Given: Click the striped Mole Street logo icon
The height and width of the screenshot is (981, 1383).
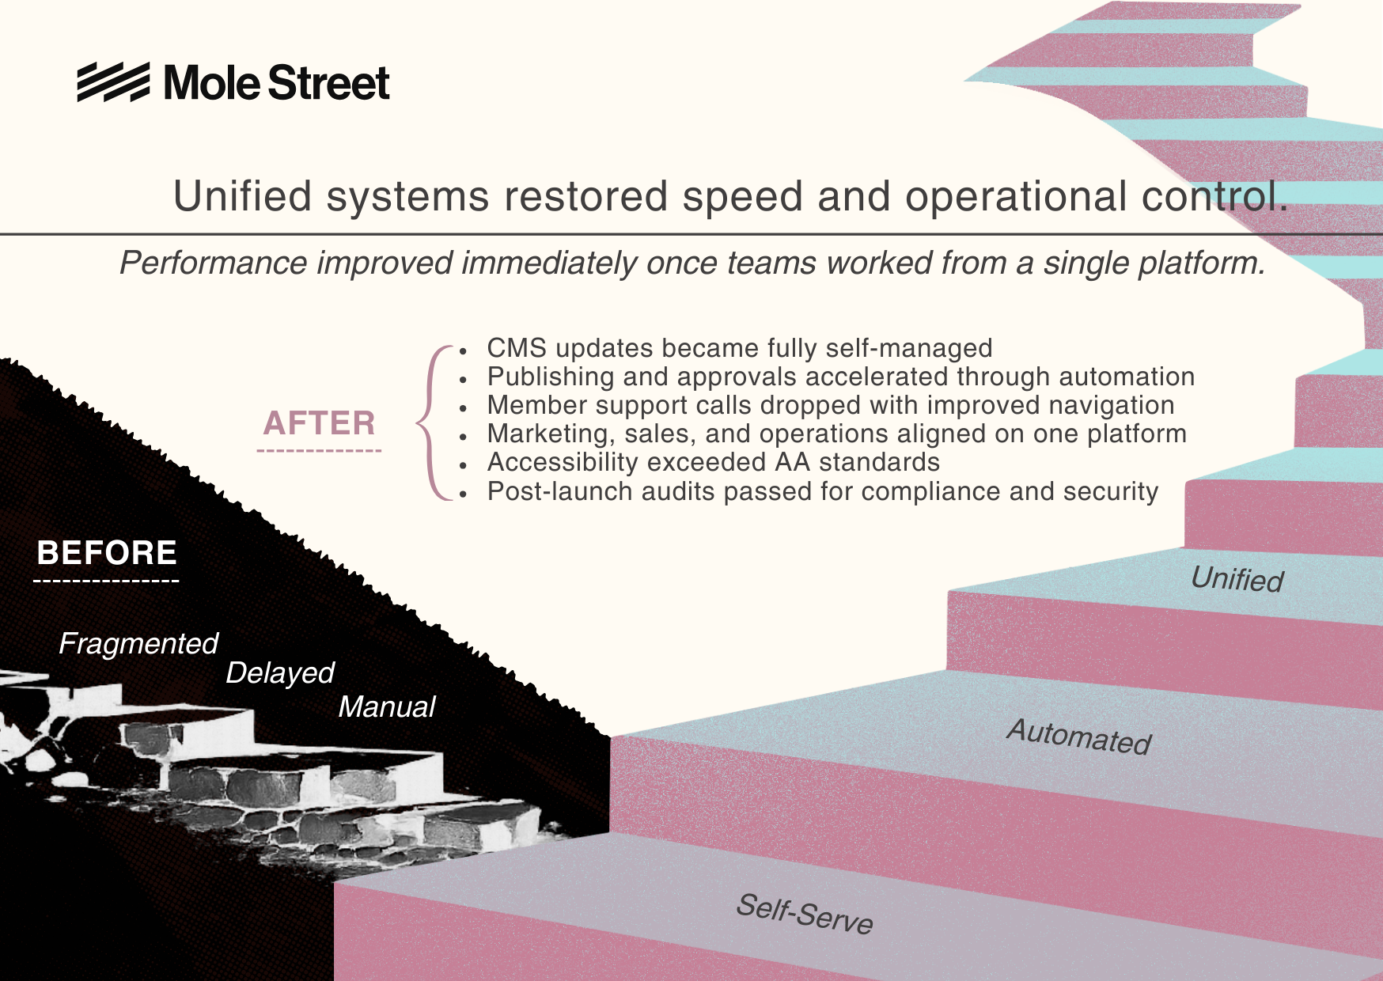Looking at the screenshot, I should (x=113, y=82).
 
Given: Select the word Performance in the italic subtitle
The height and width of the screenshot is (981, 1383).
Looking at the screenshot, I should (x=213, y=263).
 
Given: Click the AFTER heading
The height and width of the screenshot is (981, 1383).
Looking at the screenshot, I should (x=319, y=423).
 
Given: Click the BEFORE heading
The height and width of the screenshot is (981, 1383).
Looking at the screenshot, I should (x=107, y=553).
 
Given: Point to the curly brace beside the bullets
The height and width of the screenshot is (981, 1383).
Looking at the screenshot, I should (x=430, y=422).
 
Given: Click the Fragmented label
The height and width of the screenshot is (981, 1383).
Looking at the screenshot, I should (x=138, y=643).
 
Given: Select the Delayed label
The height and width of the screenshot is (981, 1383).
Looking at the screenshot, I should (x=280, y=672).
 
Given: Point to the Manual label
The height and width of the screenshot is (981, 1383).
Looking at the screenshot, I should (x=387, y=706).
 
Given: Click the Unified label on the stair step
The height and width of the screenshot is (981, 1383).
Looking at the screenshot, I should (x=1237, y=579).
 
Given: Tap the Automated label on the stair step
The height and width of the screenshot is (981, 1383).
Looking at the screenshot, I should (x=1078, y=737).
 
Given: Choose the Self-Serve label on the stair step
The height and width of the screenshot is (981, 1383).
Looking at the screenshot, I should (x=804, y=914).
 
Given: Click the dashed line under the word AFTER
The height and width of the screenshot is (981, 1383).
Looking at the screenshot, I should (x=319, y=451).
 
